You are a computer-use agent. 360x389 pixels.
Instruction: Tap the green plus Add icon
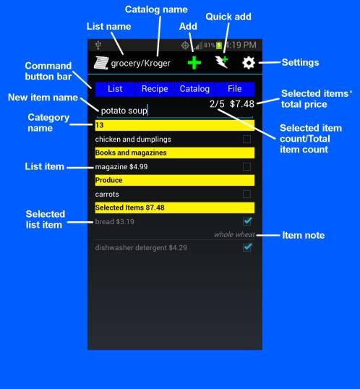click(x=194, y=63)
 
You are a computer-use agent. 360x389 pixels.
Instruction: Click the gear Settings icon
click(x=249, y=63)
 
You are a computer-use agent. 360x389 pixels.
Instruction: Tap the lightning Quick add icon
click(x=222, y=62)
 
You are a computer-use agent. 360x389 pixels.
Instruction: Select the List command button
click(x=115, y=89)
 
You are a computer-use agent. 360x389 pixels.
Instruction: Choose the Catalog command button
click(x=194, y=89)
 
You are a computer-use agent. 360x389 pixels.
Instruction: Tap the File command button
click(x=235, y=89)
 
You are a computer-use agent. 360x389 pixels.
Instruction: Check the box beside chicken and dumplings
click(x=247, y=139)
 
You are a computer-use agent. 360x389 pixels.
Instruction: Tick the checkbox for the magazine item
click(x=247, y=166)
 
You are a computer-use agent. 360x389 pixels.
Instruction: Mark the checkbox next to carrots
click(x=247, y=194)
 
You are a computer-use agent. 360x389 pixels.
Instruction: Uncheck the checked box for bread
click(x=247, y=221)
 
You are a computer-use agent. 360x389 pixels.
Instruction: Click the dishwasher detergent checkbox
click(x=247, y=247)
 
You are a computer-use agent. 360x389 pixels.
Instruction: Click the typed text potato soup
click(x=124, y=111)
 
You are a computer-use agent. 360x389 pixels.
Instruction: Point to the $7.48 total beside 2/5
click(x=242, y=103)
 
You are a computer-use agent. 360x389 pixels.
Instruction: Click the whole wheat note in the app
click(x=234, y=234)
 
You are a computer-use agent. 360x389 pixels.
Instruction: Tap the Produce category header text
click(x=108, y=180)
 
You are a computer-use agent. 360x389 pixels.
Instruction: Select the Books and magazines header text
click(x=131, y=153)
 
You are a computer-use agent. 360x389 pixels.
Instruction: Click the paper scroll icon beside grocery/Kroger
click(x=101, y=63)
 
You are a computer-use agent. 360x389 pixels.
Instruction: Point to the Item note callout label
click(x=304, y=235)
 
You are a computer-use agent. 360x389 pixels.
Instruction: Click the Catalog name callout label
click(x=156, y=9)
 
